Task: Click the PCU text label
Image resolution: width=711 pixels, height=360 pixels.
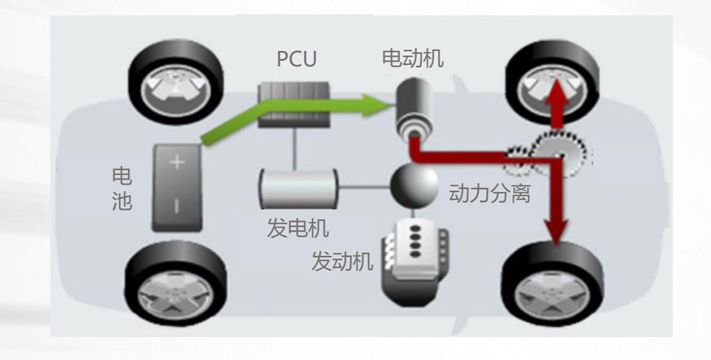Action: (x=296, y=59)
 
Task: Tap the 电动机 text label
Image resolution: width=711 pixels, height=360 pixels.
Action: (x=413, y=59)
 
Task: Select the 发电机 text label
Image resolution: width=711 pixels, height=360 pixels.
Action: (x=298, y=228)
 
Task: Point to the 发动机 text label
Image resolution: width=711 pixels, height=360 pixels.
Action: (x=342, y=261)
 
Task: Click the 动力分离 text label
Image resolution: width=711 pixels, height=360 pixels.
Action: (x=489, y=193)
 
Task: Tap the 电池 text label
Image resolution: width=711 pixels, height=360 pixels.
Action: (x=122, y=188)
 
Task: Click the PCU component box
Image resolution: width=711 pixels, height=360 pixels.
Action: (x=294, y=104)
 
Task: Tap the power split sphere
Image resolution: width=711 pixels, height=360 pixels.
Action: (x=414, y=186)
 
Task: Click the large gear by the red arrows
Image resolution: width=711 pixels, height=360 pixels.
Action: (x=558, y=155)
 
